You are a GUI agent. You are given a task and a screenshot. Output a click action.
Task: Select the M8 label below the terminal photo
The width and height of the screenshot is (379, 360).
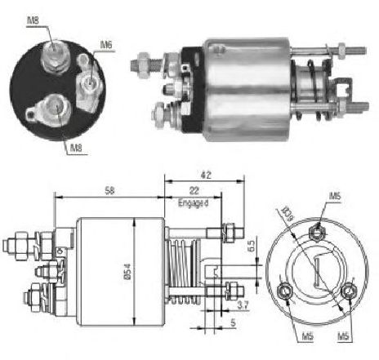click(74, 147)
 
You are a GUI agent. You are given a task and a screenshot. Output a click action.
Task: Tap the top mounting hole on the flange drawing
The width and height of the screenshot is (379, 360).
click(318, 232)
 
